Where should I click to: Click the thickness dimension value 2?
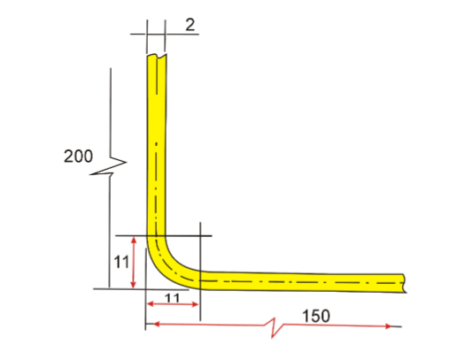190,26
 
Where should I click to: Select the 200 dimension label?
79,157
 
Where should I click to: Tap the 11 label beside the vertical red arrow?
122,263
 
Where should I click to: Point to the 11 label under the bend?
173,298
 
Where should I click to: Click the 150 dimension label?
317,316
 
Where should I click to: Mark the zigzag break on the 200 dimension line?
110,165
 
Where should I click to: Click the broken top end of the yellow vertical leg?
155,58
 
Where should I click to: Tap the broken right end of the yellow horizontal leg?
404,282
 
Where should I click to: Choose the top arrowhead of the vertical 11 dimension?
132,239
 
